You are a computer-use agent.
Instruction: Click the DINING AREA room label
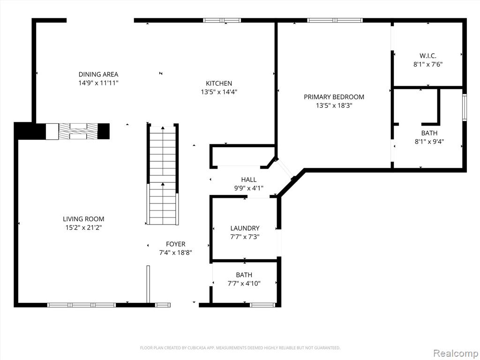98,75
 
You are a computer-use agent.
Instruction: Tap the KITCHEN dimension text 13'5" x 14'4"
219,92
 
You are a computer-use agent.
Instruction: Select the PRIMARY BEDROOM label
334,97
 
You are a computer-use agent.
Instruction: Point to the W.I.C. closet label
427,56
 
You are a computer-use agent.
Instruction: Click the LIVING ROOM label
83,219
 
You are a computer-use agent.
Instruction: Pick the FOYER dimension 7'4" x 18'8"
175,253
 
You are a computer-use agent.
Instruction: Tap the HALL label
248,180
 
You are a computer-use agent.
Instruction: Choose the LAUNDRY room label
245,228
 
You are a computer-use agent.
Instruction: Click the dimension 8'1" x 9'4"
429,142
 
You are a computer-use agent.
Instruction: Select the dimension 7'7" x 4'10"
244,284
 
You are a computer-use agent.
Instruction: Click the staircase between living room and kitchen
163,174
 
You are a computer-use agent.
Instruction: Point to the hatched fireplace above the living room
78,131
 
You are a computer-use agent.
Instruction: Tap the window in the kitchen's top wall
222,21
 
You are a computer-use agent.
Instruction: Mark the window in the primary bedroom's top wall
335,21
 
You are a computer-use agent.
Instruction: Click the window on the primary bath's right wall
465,107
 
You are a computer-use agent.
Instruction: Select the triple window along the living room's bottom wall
82,305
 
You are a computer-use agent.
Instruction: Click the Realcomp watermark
455,353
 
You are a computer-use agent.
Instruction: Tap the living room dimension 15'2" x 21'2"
83,228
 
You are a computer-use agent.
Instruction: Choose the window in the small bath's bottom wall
262,305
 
